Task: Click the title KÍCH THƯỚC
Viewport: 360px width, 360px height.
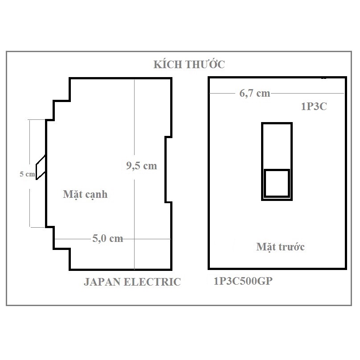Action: coord(189,65)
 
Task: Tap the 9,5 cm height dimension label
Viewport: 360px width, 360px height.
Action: coord(141,166)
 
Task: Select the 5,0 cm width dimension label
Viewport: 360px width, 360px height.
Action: coord(107,238)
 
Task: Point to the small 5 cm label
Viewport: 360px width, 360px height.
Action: coord(27,175)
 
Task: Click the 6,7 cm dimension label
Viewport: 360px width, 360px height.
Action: coord(254,93)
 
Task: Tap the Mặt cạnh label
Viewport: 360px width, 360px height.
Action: coord(85,195)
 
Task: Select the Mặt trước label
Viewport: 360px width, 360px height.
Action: coord(280,246)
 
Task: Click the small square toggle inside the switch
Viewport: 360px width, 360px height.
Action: coord(277,183)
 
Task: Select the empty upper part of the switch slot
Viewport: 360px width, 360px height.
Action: coord(277,146)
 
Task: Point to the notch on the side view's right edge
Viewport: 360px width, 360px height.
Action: coord(168,169)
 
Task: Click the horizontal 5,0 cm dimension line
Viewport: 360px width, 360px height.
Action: coord(147,239)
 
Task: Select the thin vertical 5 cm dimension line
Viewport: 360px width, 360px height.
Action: coord(30,205)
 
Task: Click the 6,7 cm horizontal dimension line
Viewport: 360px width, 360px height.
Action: coord(307,93)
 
